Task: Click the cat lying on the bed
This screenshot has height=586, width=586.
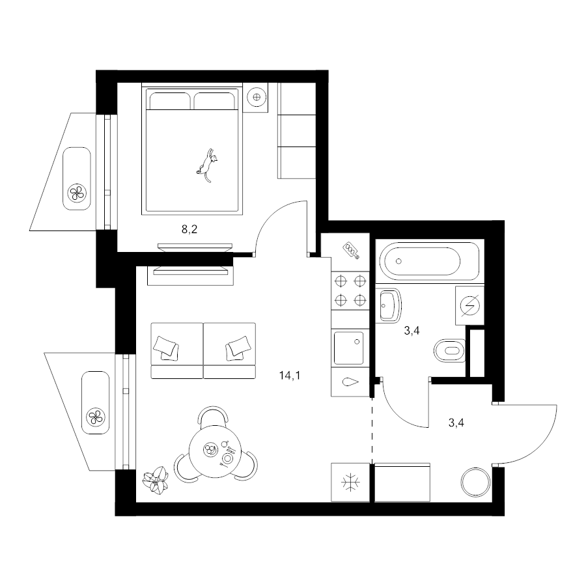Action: pyautogui.click(x=206, y=165)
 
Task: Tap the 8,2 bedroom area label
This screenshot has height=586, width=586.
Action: pyautogui.click(x=189, y=229)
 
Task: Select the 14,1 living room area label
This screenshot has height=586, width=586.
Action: pyautogui.click(x=290, y=375)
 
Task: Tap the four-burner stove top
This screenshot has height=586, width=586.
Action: pyautogui.click(x=350, y=290)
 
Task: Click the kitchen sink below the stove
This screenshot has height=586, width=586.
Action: pyautogui.click(x=349, y=348)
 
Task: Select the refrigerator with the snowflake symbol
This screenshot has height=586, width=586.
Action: pyautogui.click(x=350, y=482)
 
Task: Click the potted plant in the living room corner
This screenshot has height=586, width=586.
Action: pyautogui.click(x=156, y=480)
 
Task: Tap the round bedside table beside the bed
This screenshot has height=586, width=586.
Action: pyautogui.click(x=257, y=97)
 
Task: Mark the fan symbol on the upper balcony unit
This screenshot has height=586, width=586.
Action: pyautogui.click(x=77, y=193)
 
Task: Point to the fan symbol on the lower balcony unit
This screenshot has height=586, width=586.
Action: pyautogui.click(x=96, y=417)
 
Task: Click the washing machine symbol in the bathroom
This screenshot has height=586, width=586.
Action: pyautogui.click(x=469, y=306)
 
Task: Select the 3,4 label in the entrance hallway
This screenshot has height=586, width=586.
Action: pyautogui.click(x=456, y=423)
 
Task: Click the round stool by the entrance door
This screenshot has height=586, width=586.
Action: pyautogui.click(x=475, y=482)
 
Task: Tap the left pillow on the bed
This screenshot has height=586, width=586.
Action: pyautogui.click(x=170, y=101)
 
